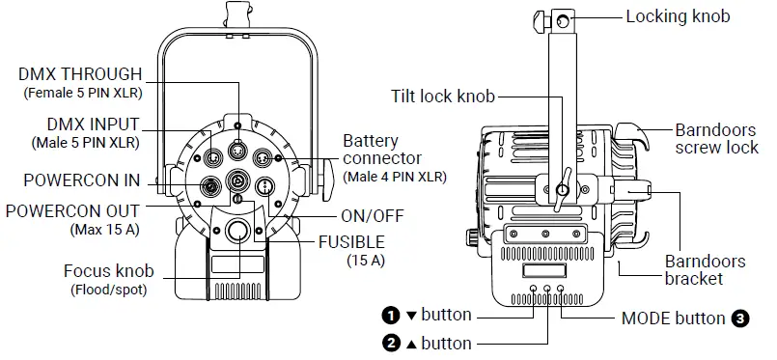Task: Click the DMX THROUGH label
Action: [x=80, y=74]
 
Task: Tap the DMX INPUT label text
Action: [x=94, y=125]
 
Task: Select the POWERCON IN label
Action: [x=82, y=180]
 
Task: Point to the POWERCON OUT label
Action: [x=72, y=211]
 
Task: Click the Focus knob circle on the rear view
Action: [x=238, y=231]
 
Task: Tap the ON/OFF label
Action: [x=373, y=216]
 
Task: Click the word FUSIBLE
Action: [x=351, y=242]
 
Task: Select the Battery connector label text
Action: [x=382, y=150]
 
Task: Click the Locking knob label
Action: [x=678, y=16]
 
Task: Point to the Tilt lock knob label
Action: [x=442, y=97]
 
